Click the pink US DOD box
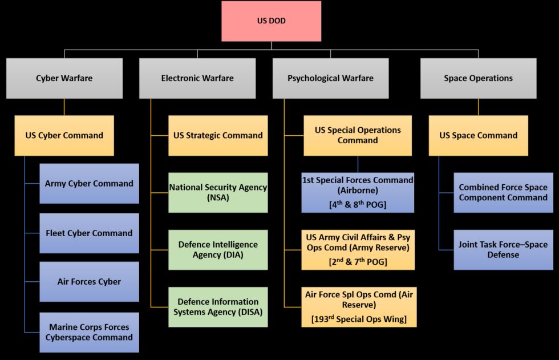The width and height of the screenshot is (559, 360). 271,21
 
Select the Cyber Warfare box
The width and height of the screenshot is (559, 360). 64,78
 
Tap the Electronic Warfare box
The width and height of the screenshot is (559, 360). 197,78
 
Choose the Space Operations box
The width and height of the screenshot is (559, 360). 478,78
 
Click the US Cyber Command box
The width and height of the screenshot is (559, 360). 64,135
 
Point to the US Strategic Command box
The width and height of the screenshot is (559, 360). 218,135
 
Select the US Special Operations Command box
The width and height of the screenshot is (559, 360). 358,135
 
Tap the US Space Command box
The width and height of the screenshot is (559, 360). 478,135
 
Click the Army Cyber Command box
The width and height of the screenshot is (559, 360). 89,183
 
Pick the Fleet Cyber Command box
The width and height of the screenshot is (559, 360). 89,233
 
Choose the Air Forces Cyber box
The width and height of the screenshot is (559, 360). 89,281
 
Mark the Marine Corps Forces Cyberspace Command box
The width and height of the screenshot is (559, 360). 89,332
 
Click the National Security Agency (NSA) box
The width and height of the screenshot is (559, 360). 218,192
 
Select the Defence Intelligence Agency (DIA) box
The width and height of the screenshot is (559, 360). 218,249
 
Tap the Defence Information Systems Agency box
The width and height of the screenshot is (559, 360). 218,307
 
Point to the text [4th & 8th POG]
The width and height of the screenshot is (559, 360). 358,204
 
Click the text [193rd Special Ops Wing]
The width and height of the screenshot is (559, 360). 359,318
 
